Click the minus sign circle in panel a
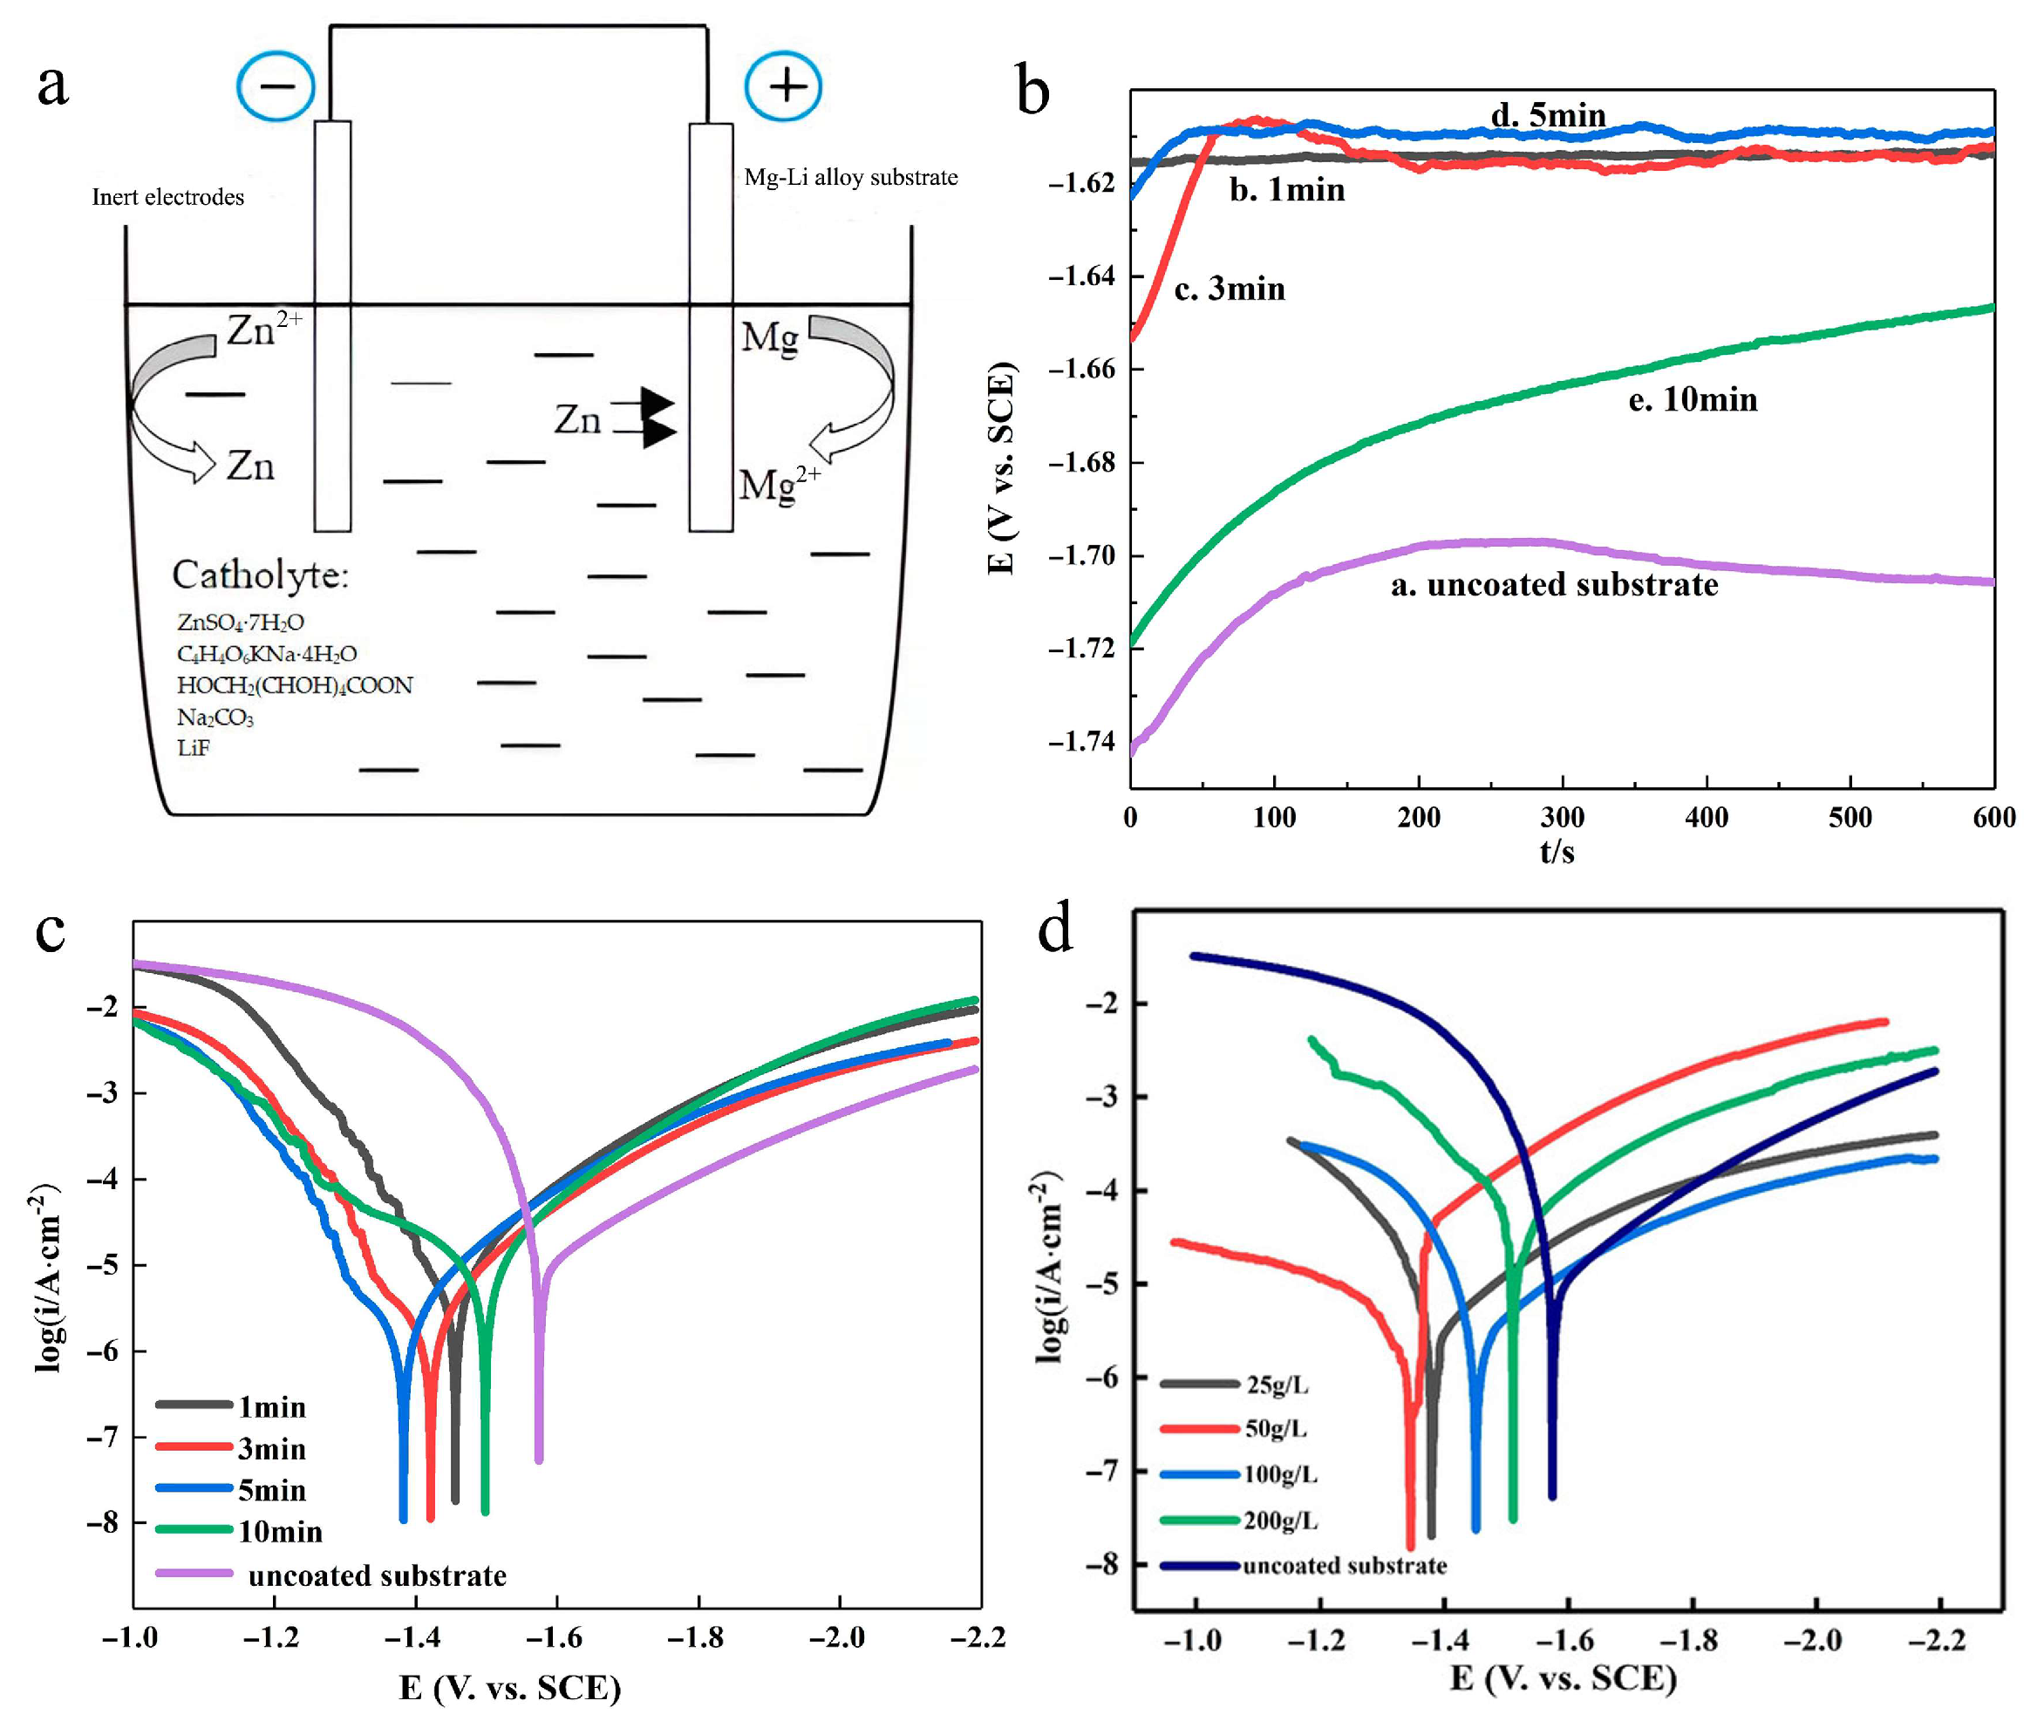pyautogui.click(x=276, y=86)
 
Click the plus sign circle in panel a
pyautogui.click(x=783, y=86)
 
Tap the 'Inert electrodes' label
pyautogui.click(x=167, y=197)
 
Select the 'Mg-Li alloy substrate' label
pyautogui.click(x=850, y=177)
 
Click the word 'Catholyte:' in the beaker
pyautogui.click(x=260, y=575)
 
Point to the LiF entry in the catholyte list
pyautogui.click(x=193, y=747)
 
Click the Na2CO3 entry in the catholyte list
pyautogui.click(x=215, y=717)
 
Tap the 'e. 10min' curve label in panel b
pyautogui.click(x=1693, y=399)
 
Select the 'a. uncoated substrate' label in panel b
pyautogui.click(x=1554, y=585)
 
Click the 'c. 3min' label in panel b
pyautogui.click(x=1229, y=289)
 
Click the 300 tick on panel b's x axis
pyautogui.click(x=1562, y=817)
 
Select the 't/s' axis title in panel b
pyautogui.click(x=1556, y=851)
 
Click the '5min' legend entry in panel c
pyautogui.click(x=271, y=1490)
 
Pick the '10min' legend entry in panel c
pyautogui.click(x=279, y=1531)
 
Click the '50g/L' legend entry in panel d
pyautogui.click(x=1275, y=1428)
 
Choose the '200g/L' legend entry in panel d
pyautogui.click(x=1280, y=1521)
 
